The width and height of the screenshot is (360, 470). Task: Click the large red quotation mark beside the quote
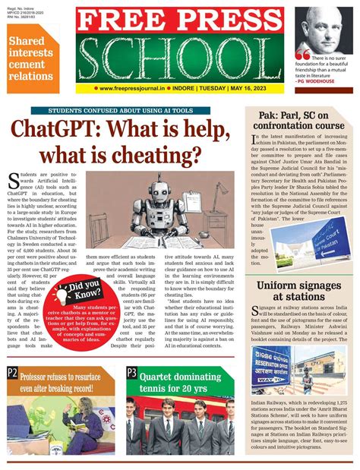point(302,55)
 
